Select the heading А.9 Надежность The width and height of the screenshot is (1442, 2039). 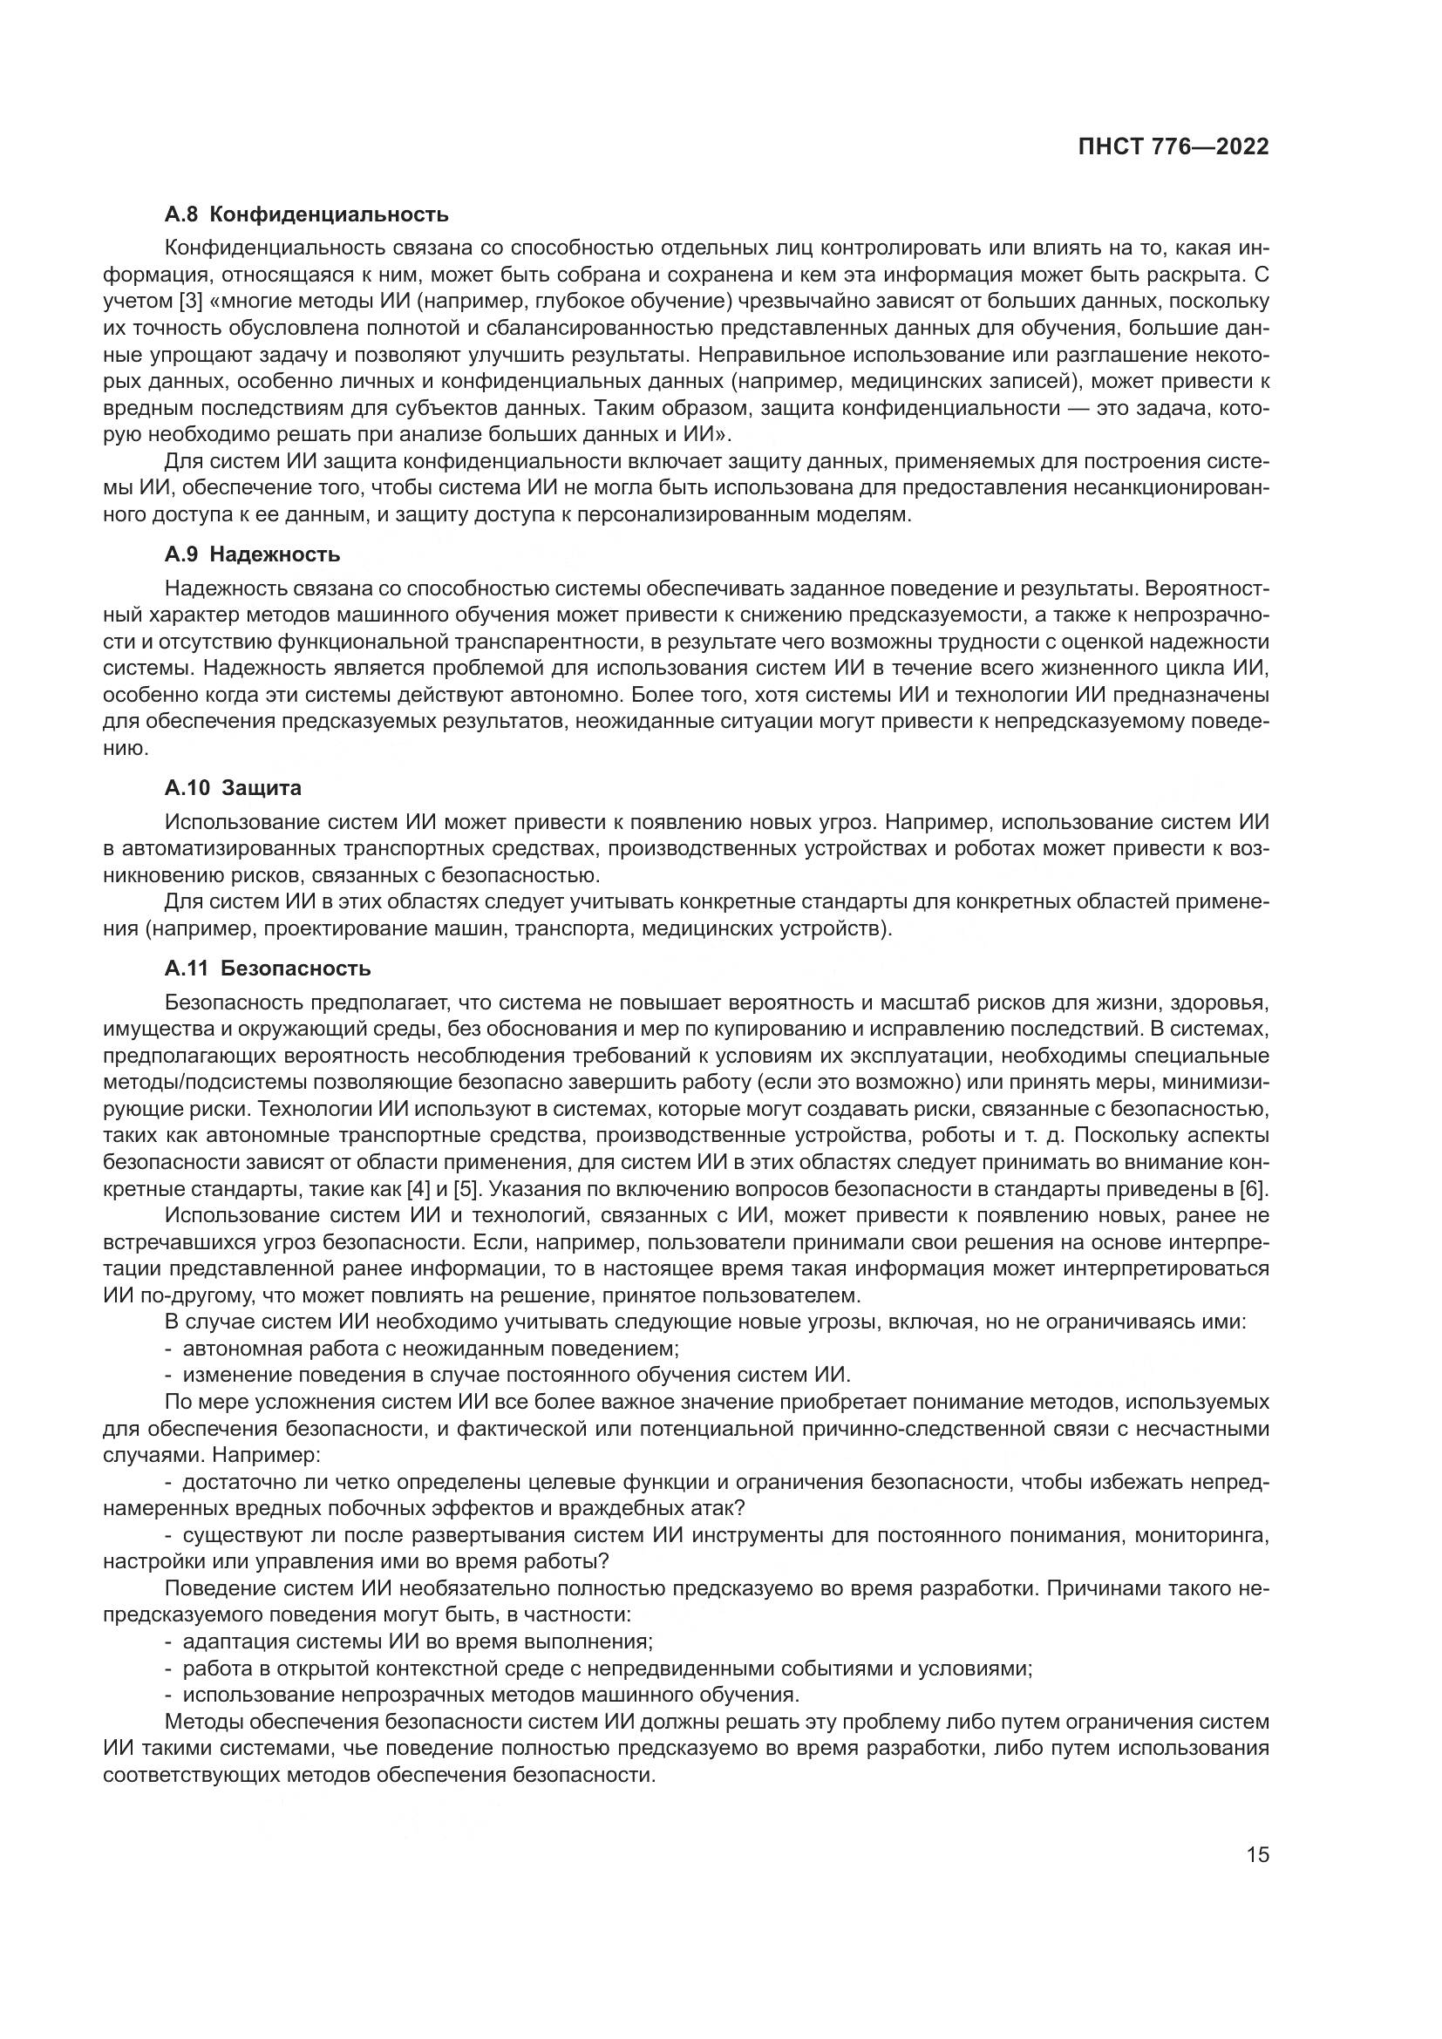[x=252, y=554]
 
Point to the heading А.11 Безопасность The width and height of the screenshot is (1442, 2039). [x=268, y=968]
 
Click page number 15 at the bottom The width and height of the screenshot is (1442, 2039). [x=1257, y=1854]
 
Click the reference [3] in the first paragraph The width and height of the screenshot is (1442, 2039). [x=191, y=301]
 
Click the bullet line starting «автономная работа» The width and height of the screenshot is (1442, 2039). [x=422, y=1348]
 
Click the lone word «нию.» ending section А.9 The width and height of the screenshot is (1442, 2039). [x=126, y=748]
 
